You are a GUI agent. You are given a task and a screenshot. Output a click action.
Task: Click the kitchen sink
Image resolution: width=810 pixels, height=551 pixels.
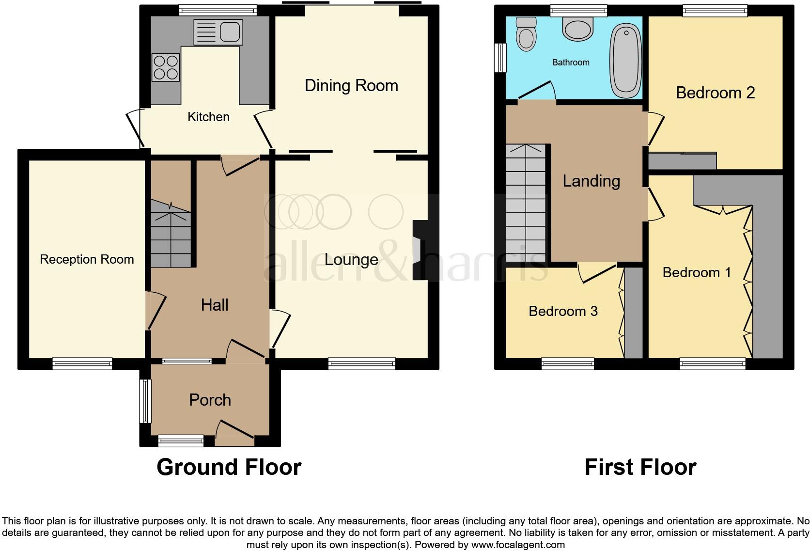218,32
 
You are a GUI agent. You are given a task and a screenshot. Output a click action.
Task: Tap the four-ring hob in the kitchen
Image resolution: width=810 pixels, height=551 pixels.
166,67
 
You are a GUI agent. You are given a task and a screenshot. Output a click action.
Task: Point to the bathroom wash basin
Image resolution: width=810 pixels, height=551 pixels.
578,29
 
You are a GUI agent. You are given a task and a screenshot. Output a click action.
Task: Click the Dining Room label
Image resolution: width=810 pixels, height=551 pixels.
351,86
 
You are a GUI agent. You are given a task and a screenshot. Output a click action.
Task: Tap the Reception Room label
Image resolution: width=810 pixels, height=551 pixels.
87,259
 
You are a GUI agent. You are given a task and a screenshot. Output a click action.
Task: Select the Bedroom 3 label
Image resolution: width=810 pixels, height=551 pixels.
563,311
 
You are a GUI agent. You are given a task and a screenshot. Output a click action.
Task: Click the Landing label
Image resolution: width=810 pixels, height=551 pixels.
591,181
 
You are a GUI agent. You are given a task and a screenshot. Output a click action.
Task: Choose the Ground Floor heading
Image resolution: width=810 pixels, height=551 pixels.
229,467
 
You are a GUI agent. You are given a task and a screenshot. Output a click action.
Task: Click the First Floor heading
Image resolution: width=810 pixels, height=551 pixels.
640,467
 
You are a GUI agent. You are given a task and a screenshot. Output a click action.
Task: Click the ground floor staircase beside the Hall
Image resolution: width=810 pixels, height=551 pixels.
170,235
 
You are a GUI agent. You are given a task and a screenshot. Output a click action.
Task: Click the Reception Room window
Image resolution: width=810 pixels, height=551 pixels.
82,363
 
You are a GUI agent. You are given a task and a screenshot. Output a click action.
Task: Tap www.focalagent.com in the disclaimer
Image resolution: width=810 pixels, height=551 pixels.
518,545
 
